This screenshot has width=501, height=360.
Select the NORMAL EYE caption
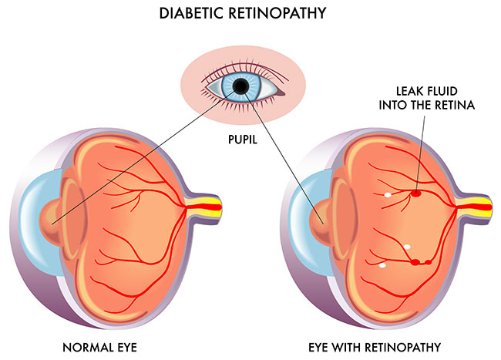coord(114,344)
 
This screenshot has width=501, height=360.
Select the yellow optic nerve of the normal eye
coord(212,206)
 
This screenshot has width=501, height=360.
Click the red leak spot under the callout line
coord(416,193)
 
